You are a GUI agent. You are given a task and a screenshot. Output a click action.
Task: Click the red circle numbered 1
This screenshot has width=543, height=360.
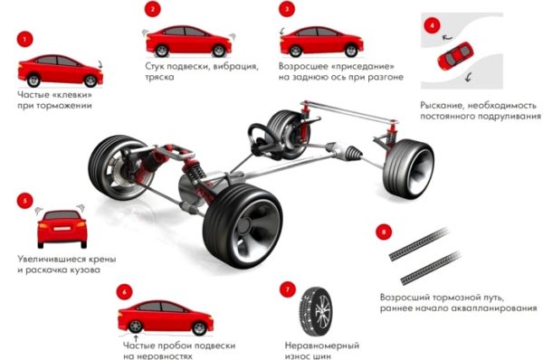point(24,40)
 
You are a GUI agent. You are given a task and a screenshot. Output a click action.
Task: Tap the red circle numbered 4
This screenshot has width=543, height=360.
point(432,25)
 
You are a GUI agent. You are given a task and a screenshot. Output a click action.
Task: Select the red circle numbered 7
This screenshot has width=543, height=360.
point(288,289)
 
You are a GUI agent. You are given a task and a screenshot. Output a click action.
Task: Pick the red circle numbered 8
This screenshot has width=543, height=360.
point(384,232)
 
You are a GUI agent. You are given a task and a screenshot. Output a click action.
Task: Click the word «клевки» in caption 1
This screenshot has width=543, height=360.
point(72,94)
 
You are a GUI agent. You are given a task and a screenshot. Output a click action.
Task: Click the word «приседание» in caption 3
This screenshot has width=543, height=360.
point(363,66)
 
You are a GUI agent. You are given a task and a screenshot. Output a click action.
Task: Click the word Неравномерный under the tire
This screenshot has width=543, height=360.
point(321,346)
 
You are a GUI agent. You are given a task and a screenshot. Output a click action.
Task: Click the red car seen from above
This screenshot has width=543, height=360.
point(455,55)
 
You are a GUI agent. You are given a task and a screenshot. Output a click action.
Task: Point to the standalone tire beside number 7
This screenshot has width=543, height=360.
point(316,311)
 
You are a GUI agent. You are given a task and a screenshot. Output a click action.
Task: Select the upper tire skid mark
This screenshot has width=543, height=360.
point(419,244)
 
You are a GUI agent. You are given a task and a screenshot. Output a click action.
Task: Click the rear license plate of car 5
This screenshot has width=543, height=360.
point(62,229)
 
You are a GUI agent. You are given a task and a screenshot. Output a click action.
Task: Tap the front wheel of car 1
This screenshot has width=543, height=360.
point(90,81)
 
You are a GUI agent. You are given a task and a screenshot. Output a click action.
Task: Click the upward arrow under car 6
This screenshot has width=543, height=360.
point(137,338)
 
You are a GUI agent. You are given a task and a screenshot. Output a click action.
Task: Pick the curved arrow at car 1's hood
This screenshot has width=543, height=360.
point(100,64)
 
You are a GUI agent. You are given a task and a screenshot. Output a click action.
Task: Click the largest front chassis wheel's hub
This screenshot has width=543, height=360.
point(246,226)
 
